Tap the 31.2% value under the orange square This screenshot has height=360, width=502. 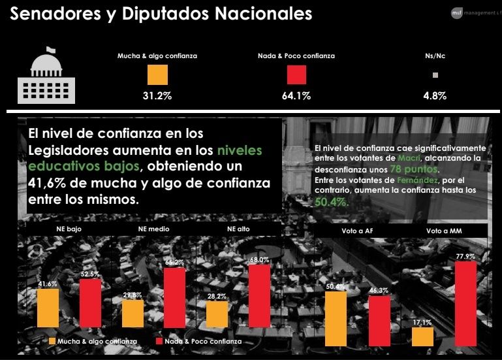click(x=157, y=96)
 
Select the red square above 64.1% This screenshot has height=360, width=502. click(x=296, y=75)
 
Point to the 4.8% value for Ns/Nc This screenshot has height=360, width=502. click(x=435, y=96)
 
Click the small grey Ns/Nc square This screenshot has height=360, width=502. click(x=435, y=75)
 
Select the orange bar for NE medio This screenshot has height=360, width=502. click(x=133, y=313)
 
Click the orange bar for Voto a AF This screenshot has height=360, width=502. click(x=336, y=318)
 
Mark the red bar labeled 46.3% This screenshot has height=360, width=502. click(x=379, y=320)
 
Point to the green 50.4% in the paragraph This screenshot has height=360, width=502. click(x=331, y=203)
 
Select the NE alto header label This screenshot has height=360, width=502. click(x=238, y=229)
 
